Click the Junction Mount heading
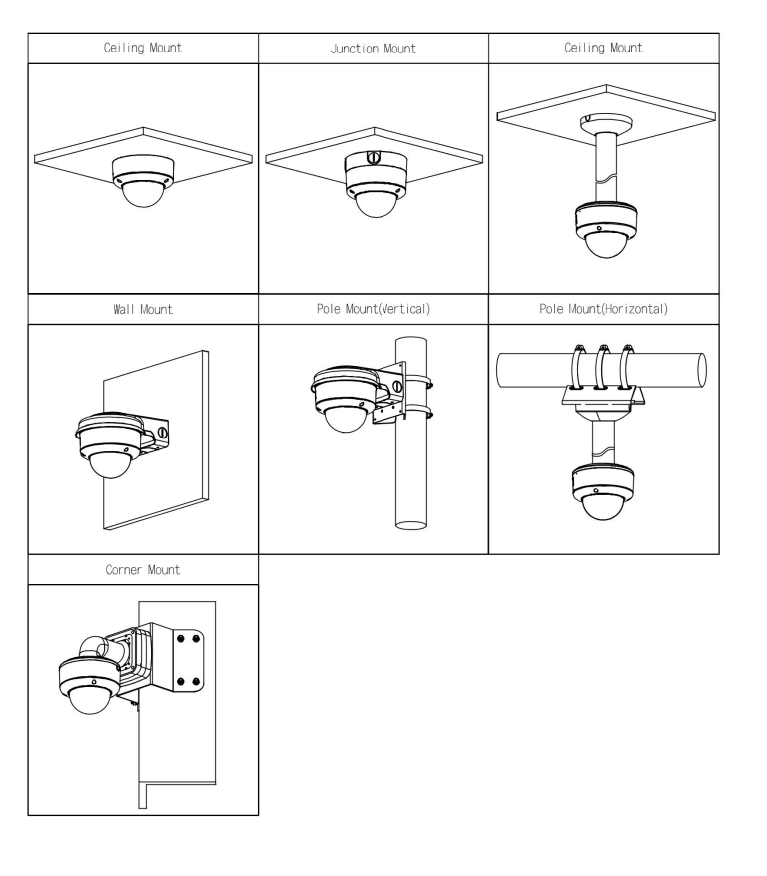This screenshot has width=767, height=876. point(374,49)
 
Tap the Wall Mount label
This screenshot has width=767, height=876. point(143,309)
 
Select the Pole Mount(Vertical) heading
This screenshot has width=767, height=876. point(374,309)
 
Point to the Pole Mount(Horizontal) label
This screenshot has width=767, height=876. point(604,309)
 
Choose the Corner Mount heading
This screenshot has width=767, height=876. point(143,570)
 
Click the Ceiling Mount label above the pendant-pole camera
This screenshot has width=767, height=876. point(604,48)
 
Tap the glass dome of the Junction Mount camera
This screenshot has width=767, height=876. point(376,204)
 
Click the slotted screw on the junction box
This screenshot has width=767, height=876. point(373,158)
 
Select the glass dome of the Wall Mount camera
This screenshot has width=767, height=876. point(111,464)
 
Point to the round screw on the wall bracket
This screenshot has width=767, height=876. point(163,432)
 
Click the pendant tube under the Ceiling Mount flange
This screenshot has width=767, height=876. point(606,167)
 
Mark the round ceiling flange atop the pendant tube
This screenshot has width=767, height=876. point(606,124)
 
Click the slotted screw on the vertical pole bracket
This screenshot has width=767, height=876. point(397,386)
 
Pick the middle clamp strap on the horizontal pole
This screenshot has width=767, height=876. point(602,367)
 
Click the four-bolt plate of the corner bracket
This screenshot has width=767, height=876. point(189,661)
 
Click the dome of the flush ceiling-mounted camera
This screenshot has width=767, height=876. point(143,194)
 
